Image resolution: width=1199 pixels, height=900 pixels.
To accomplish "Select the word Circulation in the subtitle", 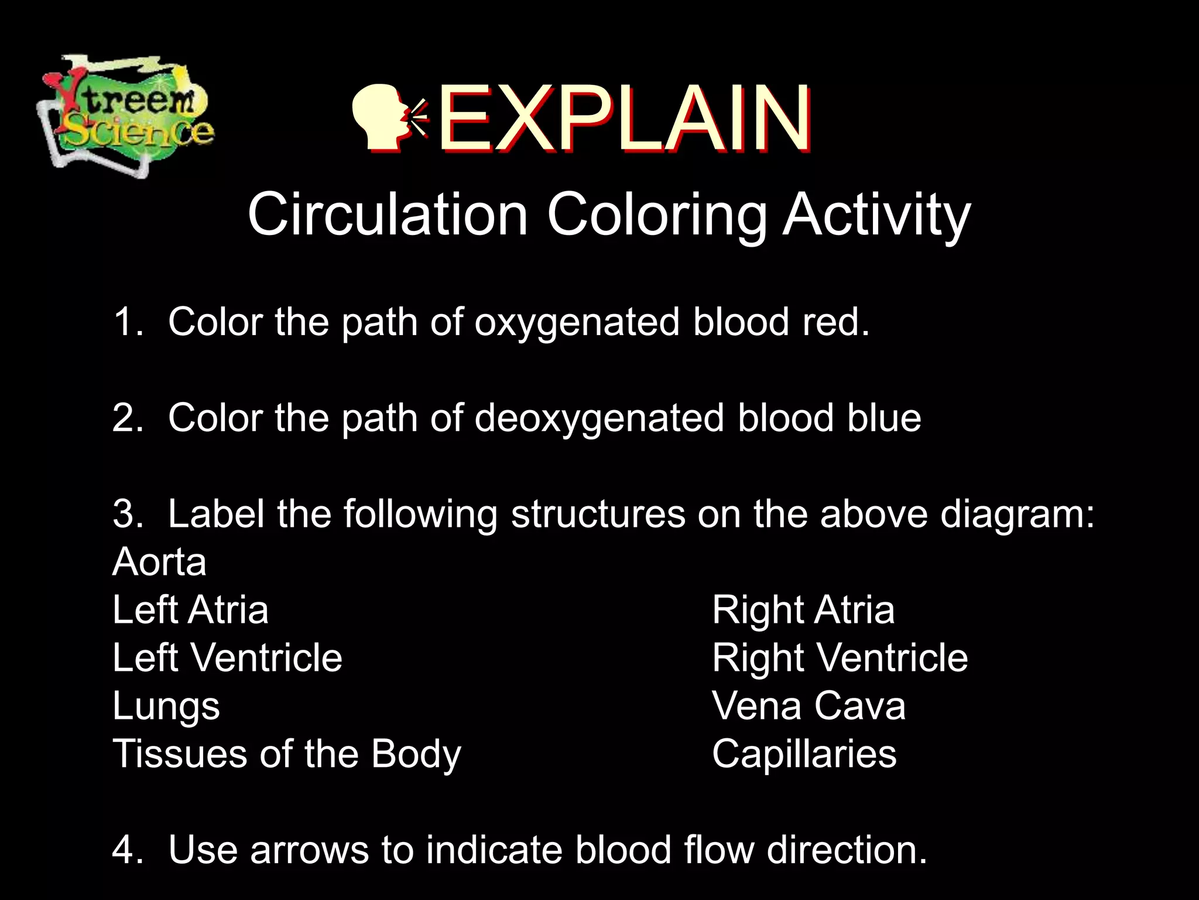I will click(x=388, y=214).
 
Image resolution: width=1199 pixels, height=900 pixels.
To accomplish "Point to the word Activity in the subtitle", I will click(x=876, y=216).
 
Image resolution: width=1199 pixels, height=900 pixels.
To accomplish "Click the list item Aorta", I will click(x=159, y=562).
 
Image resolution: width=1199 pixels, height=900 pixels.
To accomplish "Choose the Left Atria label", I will click(x=190, y=610).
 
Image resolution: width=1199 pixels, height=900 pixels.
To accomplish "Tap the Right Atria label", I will click(x=803, y=610).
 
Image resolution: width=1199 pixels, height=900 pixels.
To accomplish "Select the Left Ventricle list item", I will click(x=227, y=657).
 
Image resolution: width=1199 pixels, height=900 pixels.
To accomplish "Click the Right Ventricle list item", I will click(x=840, y=657).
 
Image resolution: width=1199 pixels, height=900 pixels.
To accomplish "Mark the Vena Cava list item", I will click(x=809, y=705).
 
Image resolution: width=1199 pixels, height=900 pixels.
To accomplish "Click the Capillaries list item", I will click(x=804, y=754).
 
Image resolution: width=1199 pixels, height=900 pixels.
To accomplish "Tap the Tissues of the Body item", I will click(x=287, y=754).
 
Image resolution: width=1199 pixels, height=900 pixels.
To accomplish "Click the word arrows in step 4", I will click(x=309, y=850).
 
